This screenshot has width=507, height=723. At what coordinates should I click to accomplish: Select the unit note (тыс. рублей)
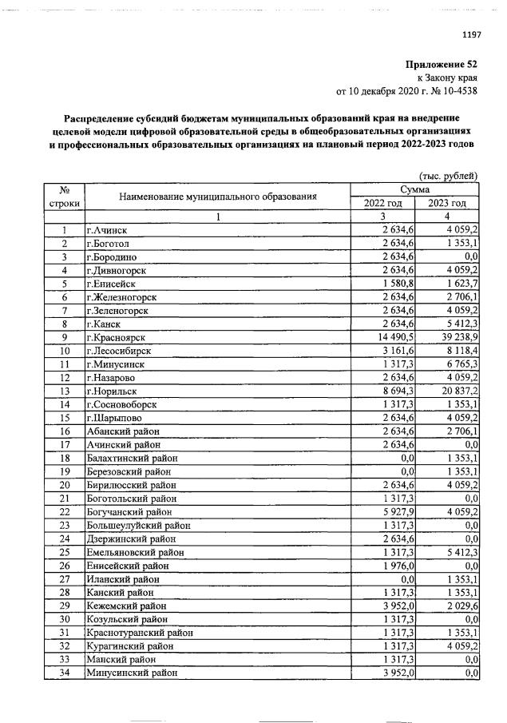[x=448, y=176]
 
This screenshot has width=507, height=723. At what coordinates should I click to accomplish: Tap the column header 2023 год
[x=449, y=203]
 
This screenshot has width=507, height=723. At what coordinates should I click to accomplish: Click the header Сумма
[x=415, y=189]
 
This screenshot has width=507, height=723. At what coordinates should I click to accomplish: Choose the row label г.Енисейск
[x=111, y=284]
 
